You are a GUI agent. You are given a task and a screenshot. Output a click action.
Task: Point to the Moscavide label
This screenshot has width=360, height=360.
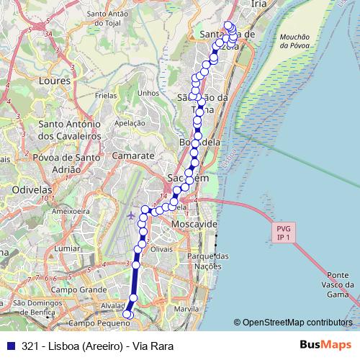(x=194, y=225)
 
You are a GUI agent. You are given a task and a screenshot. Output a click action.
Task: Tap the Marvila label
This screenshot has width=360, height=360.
(x=186, y=309)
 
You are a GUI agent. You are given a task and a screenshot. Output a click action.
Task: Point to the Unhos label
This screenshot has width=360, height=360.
(x=147, y=92)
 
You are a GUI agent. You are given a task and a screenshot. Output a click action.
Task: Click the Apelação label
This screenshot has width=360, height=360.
(x=130, y=123)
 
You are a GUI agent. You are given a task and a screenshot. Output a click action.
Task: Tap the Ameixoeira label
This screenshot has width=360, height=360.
(x=69, y=212)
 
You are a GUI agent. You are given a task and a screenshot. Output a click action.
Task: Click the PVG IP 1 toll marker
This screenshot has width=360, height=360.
(x=282, y=233)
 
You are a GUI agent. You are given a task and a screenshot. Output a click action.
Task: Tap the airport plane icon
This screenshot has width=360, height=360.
(x=131, y=215)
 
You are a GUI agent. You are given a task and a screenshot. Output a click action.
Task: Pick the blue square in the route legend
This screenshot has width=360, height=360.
(x=9, y=346)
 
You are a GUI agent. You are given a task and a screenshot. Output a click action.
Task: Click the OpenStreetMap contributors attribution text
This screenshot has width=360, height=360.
(x=297, y=322)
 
